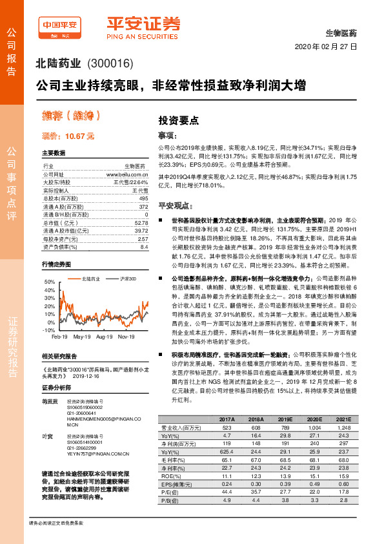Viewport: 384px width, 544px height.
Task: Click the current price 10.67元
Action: point(68,136)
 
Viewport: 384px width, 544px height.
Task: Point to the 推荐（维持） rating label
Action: point(72,116)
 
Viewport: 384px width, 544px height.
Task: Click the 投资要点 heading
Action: point(179,120)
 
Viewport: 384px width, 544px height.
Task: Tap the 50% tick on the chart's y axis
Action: point(49,282)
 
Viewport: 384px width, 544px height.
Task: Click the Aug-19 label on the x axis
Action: point(104,337)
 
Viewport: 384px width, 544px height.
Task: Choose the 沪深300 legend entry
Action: point(127,278)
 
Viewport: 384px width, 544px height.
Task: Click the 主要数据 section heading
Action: point(54,153)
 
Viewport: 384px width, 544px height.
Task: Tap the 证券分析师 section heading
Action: point(55,405)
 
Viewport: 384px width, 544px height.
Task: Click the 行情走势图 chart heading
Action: point(56,264)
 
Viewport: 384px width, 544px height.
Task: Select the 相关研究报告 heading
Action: point(59,374)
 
